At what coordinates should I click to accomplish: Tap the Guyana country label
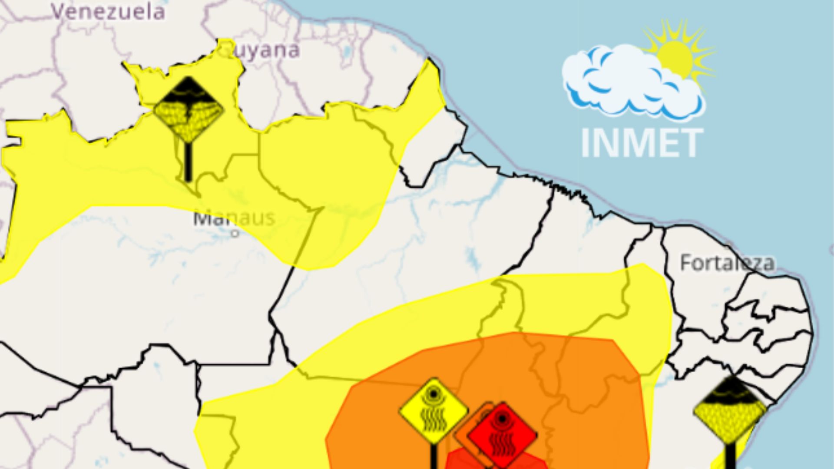[265, 50]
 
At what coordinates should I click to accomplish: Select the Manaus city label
[234, 218]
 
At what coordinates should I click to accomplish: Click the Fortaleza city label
[727, 263]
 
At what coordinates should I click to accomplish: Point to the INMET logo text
[642, 143]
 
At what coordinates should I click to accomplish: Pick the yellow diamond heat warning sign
[434, 410]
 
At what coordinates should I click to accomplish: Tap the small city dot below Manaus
[235, 233]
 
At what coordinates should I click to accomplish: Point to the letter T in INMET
[691, 143]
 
